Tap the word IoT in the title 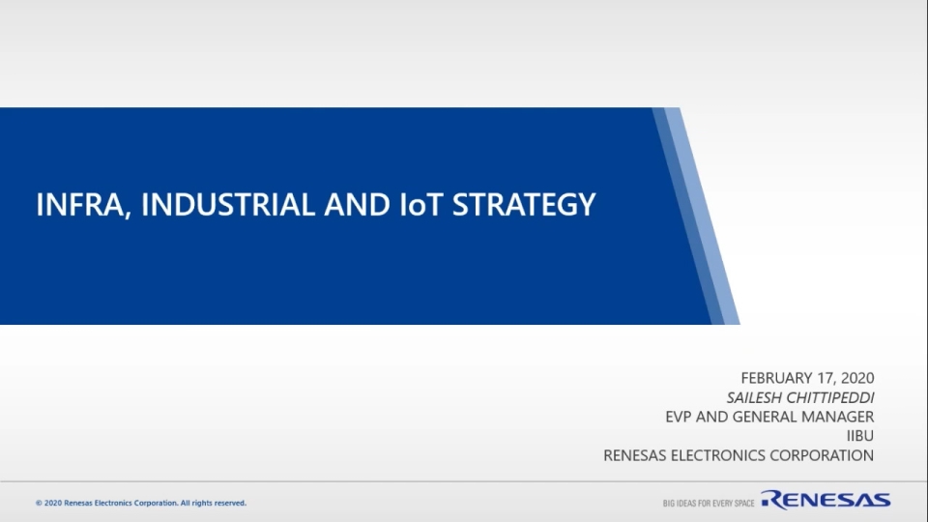421,204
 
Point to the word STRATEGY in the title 524,204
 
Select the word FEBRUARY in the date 776,378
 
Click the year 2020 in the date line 857,378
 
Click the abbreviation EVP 679,417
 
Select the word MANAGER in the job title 840,417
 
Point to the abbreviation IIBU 860,436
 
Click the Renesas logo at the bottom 826,500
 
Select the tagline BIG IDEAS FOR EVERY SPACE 709,503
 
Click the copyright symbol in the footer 39,503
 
